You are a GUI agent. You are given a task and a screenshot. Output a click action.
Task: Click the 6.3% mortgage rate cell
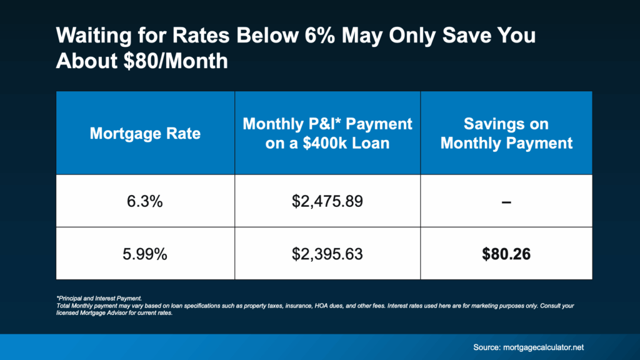pos(145,201)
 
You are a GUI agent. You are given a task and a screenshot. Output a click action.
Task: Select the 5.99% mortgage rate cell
pos(145,253)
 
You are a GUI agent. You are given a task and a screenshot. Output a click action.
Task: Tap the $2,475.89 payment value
pos(327,201)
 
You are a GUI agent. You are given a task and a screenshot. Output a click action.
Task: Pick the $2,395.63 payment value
pos(327,253)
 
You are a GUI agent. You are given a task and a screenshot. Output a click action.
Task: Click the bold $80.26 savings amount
pos(506,253)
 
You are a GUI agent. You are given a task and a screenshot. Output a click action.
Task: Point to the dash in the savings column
pos(506,201)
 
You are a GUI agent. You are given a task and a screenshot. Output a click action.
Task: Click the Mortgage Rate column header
pos(145,133)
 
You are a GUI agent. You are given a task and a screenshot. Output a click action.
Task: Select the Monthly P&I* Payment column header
pos(327,133)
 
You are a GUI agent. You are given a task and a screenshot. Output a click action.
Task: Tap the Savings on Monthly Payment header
pos(506,133)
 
